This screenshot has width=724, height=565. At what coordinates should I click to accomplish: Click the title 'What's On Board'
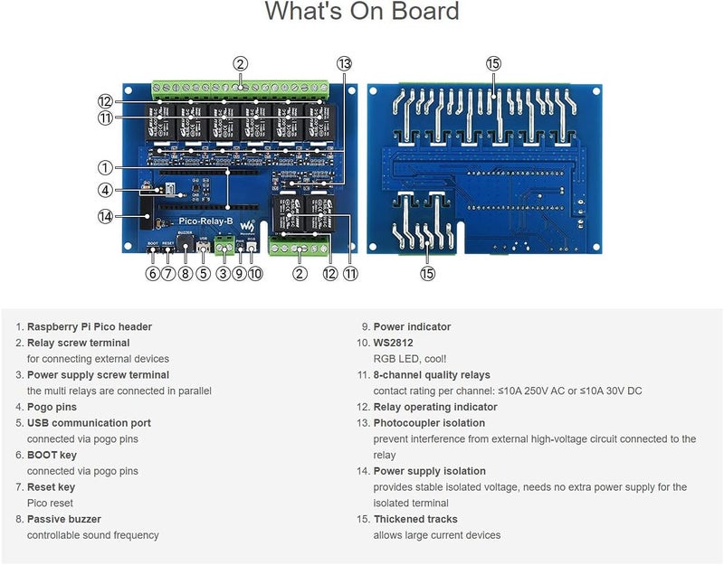362,13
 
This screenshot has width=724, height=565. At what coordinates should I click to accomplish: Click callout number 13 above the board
344,63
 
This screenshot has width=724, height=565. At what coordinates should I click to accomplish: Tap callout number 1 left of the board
106,167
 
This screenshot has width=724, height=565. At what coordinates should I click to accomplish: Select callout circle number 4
106,191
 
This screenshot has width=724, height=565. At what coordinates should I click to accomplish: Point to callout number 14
106,216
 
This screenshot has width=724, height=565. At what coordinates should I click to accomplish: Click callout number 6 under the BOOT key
152,274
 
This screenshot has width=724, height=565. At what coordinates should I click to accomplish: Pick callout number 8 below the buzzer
186,274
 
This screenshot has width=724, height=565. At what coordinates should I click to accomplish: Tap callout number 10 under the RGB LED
255,274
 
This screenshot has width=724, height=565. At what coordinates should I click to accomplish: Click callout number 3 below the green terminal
223,274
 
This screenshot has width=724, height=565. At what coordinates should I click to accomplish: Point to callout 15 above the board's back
493,63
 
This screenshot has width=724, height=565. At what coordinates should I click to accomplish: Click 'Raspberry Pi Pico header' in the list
90,327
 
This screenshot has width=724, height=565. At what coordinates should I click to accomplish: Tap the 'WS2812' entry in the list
396,344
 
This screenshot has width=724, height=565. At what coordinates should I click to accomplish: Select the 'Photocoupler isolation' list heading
429,423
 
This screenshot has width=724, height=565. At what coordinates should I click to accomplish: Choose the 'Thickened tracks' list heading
415,519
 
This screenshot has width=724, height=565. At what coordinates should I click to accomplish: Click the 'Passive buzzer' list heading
64,519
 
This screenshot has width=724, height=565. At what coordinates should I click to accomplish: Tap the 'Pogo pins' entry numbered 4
53,407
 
